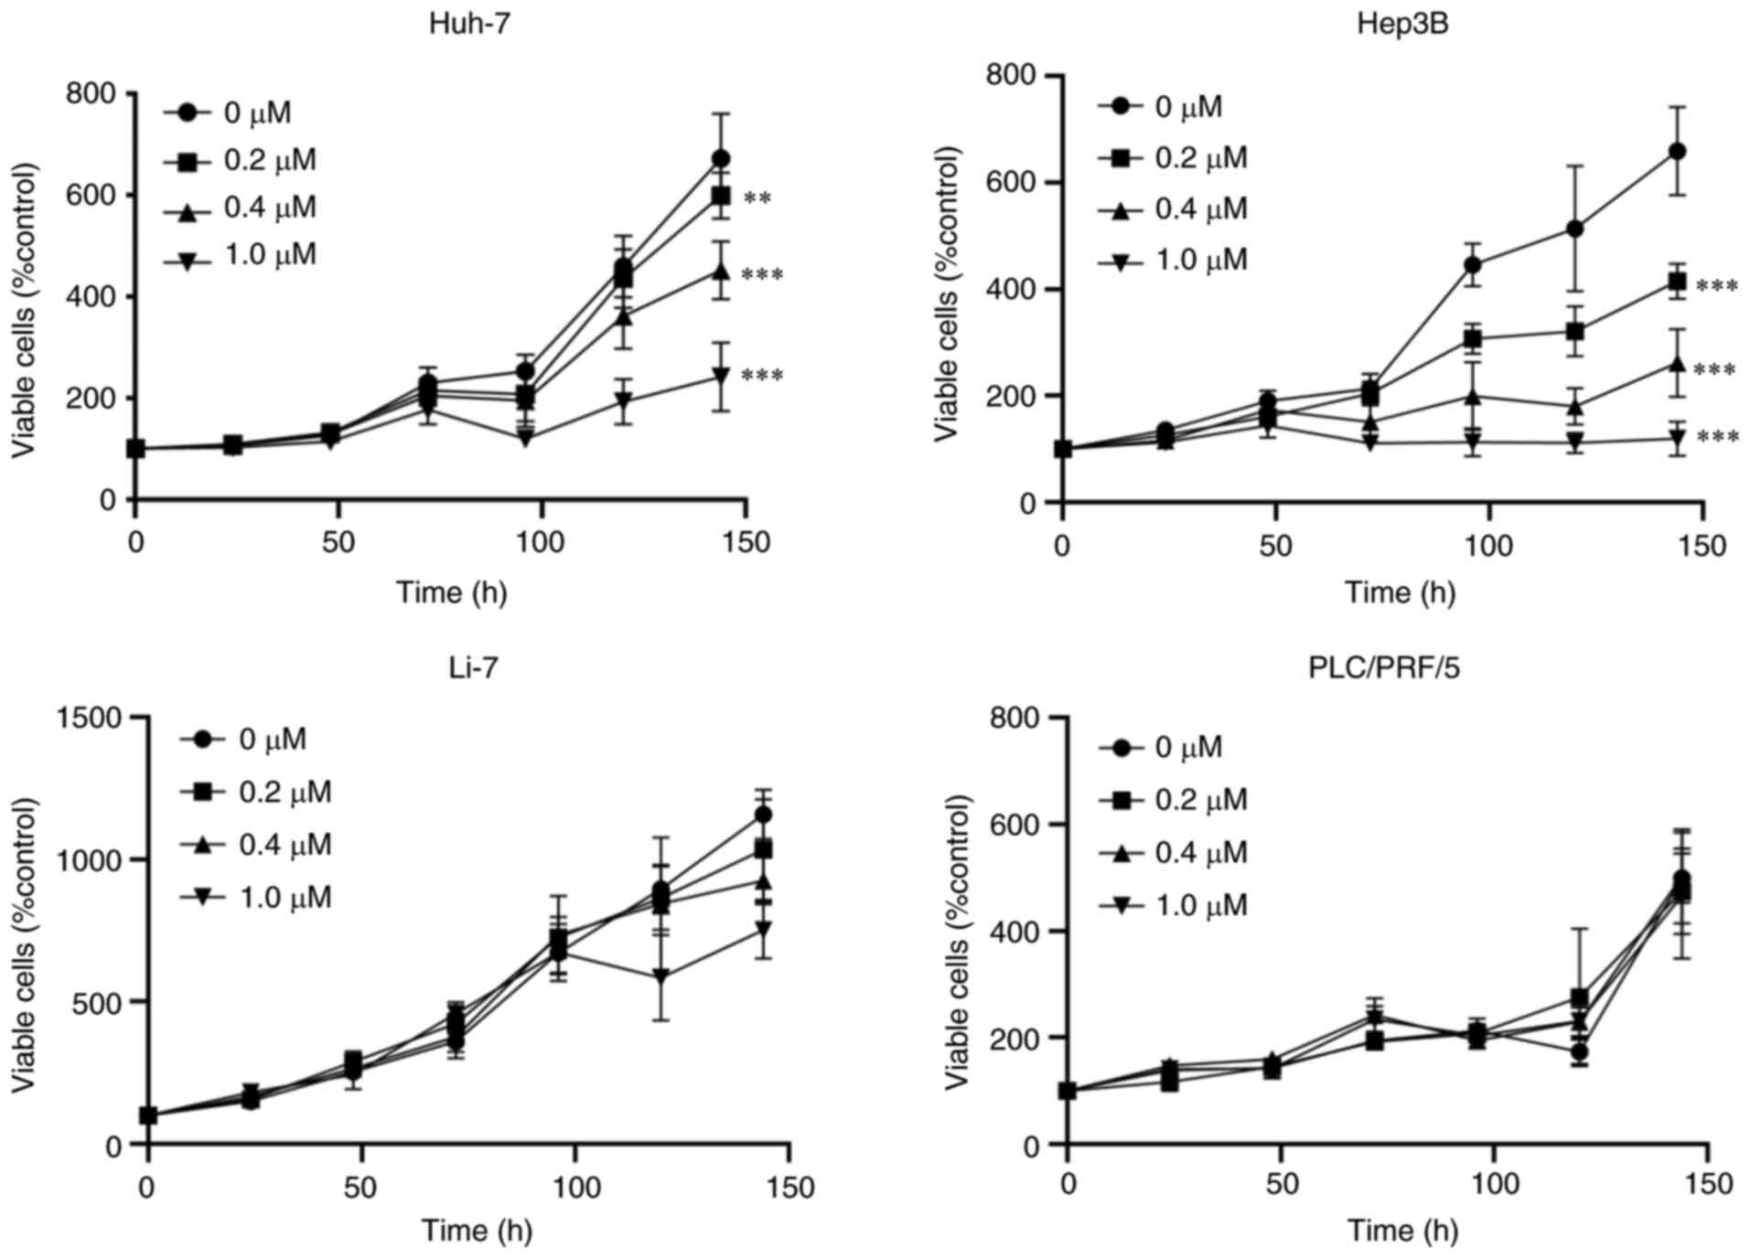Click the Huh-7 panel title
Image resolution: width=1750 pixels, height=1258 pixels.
tap(469, 23)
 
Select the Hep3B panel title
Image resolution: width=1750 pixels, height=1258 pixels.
tap(1402, 23)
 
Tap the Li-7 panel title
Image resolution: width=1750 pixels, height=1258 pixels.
tap(473, 668)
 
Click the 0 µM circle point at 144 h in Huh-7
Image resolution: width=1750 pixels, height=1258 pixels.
tap(721, 159)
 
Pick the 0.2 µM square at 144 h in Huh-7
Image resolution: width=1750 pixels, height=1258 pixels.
tap(721, 196)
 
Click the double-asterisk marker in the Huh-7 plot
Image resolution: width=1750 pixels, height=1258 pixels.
tap(757, 197)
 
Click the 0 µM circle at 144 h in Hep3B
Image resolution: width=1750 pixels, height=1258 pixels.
tap(1677, 152)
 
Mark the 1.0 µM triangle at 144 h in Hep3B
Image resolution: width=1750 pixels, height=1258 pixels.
tap(1677, 440)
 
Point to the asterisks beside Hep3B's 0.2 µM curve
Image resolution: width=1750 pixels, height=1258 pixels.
tap(1716, 287)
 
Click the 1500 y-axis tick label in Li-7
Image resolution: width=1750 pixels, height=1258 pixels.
tap(89, 719)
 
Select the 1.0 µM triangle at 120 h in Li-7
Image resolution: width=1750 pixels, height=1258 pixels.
tap(660, 976)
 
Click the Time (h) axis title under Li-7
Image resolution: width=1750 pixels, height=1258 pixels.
tap(477, 1231)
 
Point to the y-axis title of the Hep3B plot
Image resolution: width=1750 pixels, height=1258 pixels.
tap(948, 294)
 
